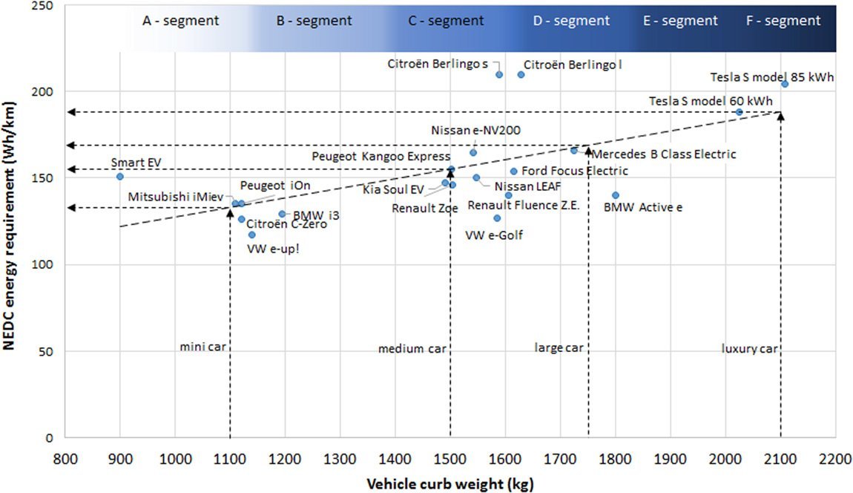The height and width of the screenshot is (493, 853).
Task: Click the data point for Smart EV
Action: [120, 177]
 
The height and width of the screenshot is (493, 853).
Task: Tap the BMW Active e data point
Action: [615, 195]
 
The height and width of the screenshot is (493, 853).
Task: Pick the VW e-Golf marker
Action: [497, 218]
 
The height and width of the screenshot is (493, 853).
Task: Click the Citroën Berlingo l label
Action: [573, 65]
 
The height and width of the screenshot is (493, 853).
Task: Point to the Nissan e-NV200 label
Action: [475, 131]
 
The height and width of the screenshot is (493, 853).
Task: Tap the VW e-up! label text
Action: [273, 249]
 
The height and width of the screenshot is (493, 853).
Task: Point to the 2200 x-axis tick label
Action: [835, 458]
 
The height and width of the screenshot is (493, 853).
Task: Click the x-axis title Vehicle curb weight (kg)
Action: [450, 484]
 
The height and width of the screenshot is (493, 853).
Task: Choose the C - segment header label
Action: [446, 21]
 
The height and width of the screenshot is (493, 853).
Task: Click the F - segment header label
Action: [784, 21]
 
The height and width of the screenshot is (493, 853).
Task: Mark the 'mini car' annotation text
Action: [202, 347]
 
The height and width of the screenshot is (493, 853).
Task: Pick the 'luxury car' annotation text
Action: [749, 348]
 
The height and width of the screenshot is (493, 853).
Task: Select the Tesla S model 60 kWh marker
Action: [739, 112]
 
